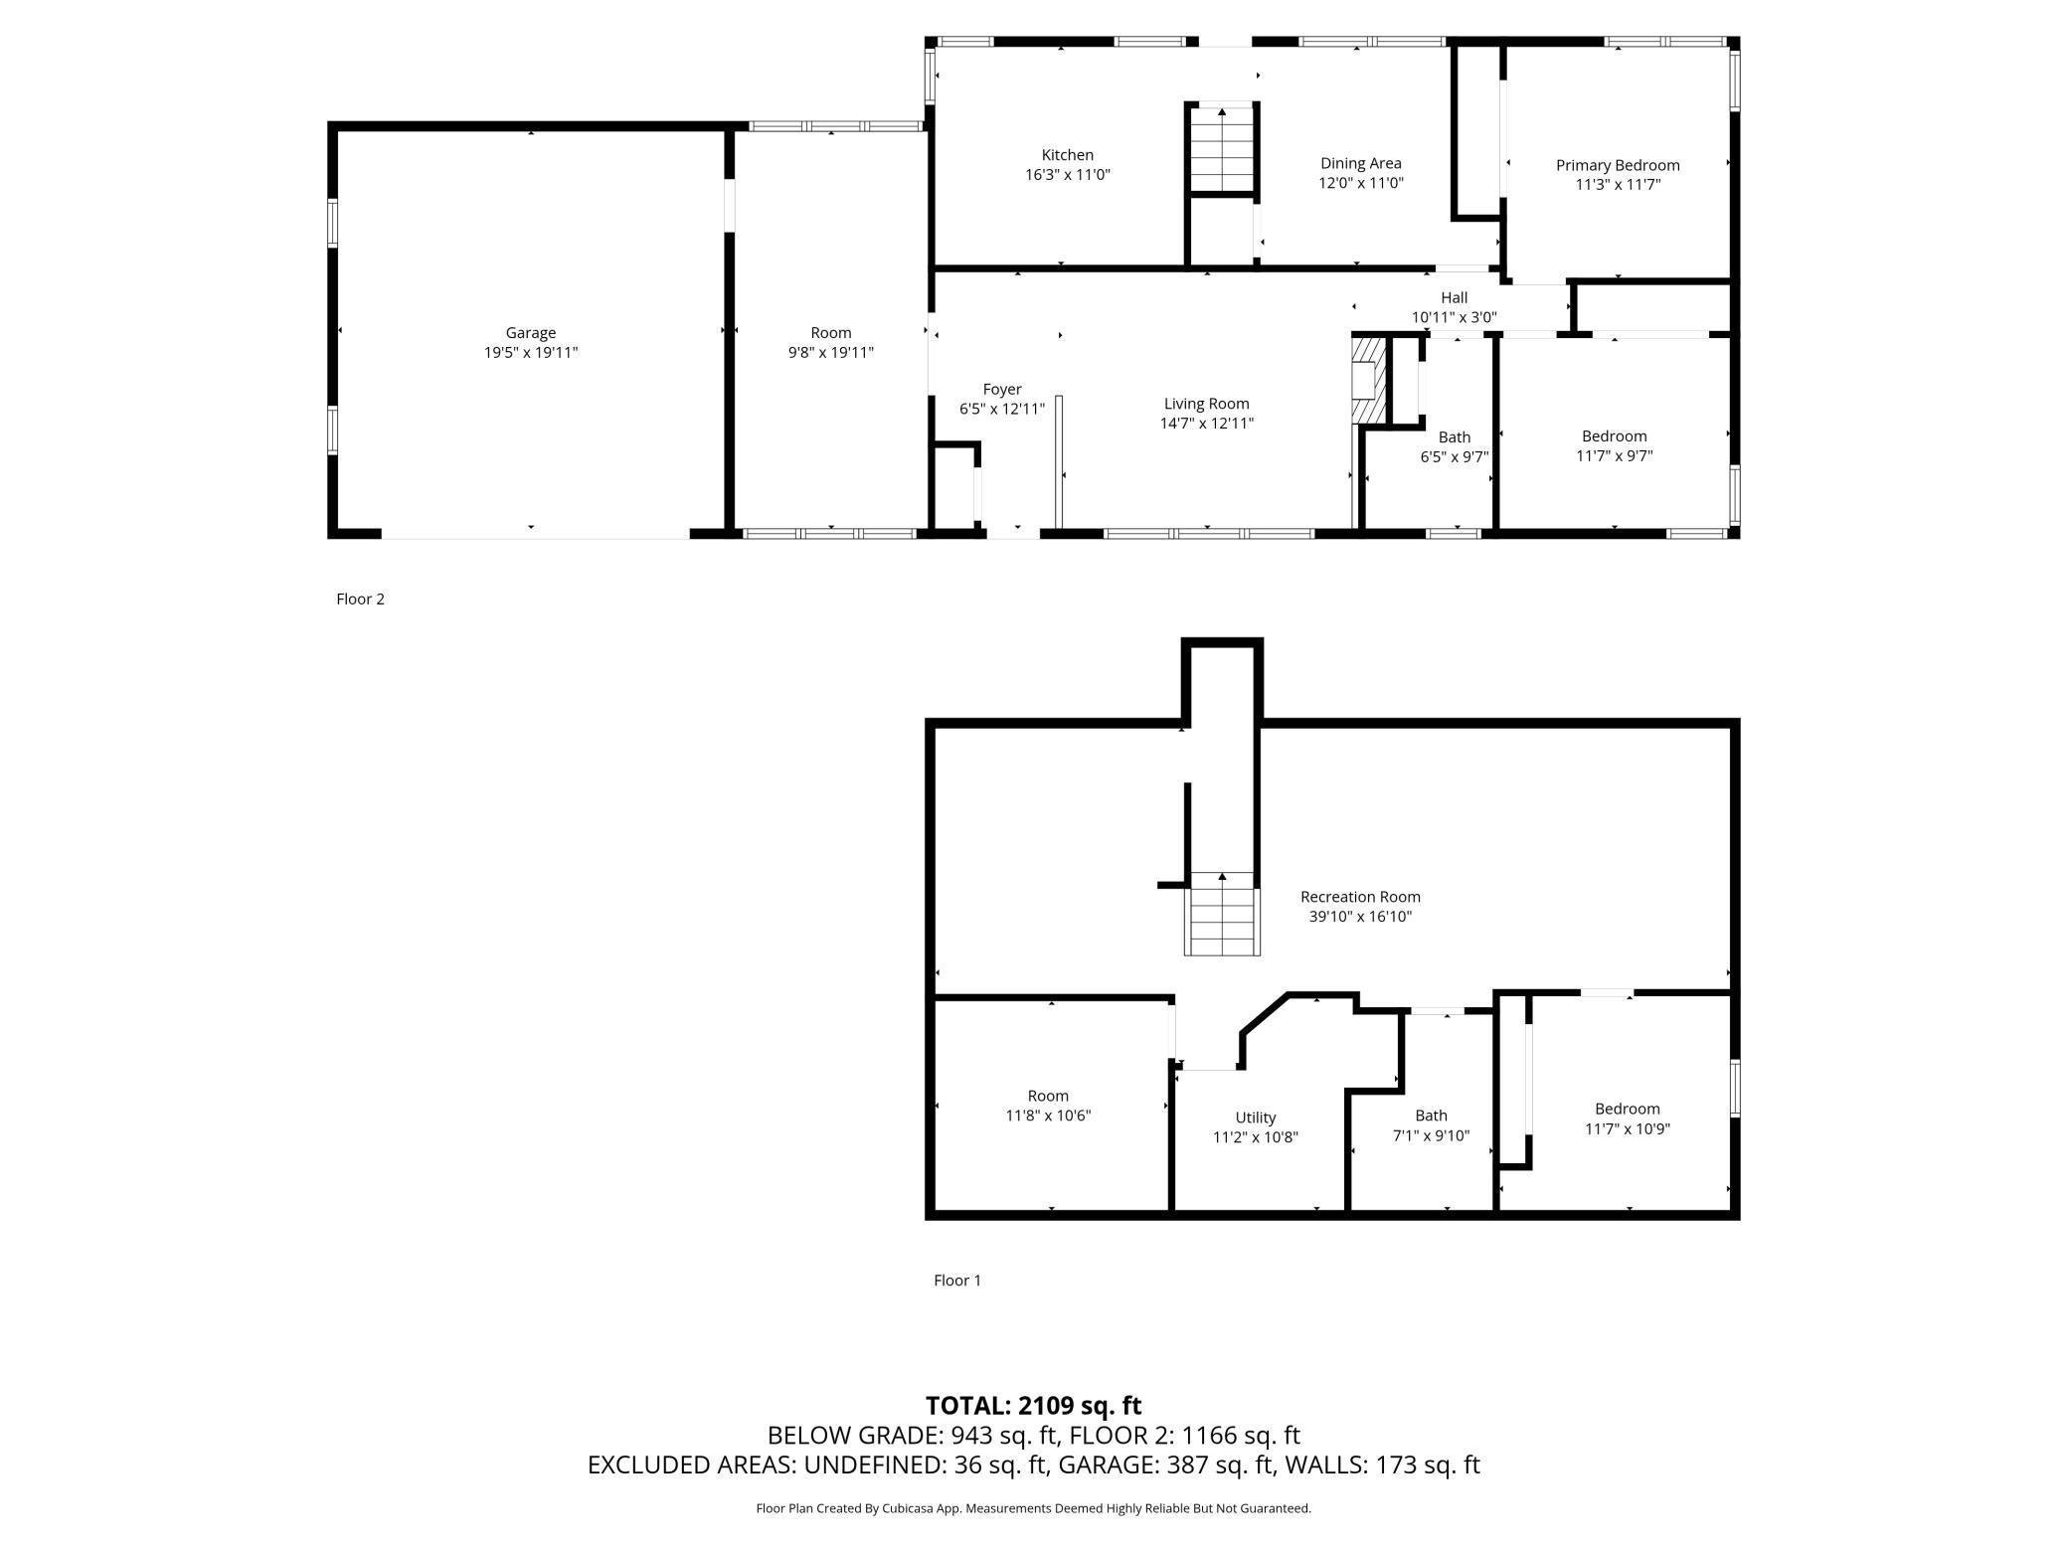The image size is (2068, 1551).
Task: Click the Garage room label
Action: tap(530, 333)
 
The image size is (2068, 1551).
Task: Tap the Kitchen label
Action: tap(1067, 155)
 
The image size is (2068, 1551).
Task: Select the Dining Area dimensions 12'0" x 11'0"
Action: tap(1360, 183)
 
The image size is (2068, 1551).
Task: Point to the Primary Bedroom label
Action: tap(1618, 165)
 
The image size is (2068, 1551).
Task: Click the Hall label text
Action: tap(1454, 297)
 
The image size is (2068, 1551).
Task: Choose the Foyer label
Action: tap(1002, 390)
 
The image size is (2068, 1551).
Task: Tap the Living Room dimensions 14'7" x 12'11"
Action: tap(1206, 424)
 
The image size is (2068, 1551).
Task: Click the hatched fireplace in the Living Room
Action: tap(1369, 381)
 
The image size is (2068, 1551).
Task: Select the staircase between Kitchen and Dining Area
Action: tap(1222, 147)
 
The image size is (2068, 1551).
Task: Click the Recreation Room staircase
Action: tap(1222, 914)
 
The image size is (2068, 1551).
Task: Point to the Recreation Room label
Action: tap(1360, 897)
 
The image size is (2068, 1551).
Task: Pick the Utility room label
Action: tap(1255, 1118)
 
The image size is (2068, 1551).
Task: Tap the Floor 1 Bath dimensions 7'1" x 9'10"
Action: tap(1431, 1135)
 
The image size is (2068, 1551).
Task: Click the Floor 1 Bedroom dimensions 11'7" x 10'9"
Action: tap(1627, 1129)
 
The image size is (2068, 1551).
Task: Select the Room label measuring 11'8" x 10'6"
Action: tap(1048, 1096)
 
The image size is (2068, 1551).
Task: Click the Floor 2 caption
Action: tap(360, 599)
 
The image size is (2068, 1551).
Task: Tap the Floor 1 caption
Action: tap(957, 1281)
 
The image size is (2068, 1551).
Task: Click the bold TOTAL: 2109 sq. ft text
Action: tap(1033, 1406)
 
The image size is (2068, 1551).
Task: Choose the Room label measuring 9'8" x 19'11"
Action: tap(830, 333)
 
